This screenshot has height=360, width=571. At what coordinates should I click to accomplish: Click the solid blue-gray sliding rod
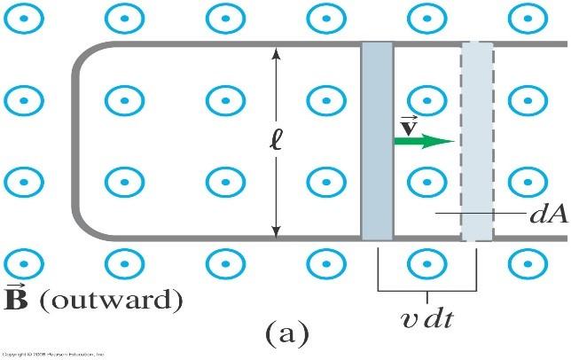pos(377,142)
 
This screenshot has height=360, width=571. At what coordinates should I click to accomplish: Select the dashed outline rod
pos(477,142)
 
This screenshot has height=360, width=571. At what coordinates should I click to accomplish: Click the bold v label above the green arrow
pos(409,123)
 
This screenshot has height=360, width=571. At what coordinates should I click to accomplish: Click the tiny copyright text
pos(53,354)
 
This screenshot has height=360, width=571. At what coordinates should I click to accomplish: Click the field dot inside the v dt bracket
pos(428,262)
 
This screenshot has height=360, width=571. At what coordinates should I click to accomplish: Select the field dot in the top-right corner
pos(529,18)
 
